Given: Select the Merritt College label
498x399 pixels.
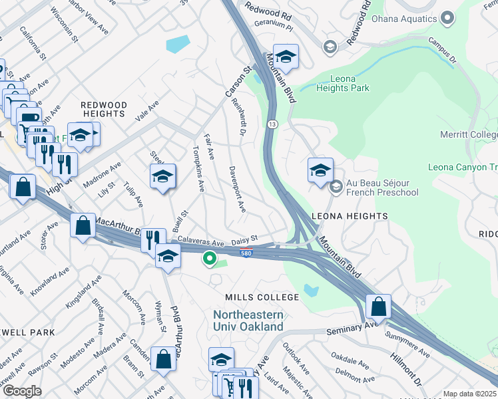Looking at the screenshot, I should click(468, 135).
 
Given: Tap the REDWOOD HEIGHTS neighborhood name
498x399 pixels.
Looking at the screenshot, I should click(103, 110).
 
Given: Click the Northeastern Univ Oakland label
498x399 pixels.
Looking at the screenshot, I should click(248, 321).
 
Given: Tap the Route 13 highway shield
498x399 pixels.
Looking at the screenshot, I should click(272, 124).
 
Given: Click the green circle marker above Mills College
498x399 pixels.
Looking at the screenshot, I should click(210, 259).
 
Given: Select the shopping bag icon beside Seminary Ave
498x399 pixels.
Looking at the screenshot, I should click(378, 307).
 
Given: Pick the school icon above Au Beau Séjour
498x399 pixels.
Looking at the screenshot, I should click(320, 170).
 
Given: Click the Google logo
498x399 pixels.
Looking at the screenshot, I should click(22, 391).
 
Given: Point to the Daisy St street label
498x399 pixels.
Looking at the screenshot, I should click(244, 241).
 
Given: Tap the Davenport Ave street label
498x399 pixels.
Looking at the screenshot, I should click(237, 189).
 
